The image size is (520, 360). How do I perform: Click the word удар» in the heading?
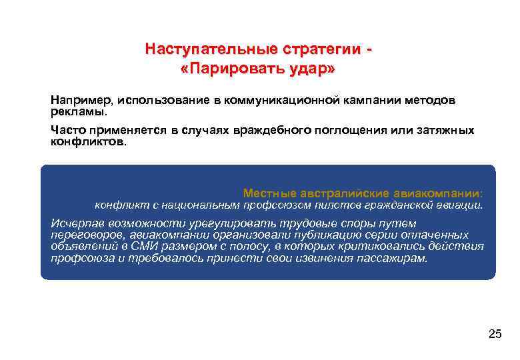[x=309, y=69]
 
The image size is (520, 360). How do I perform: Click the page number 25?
[x=494, y=334]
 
